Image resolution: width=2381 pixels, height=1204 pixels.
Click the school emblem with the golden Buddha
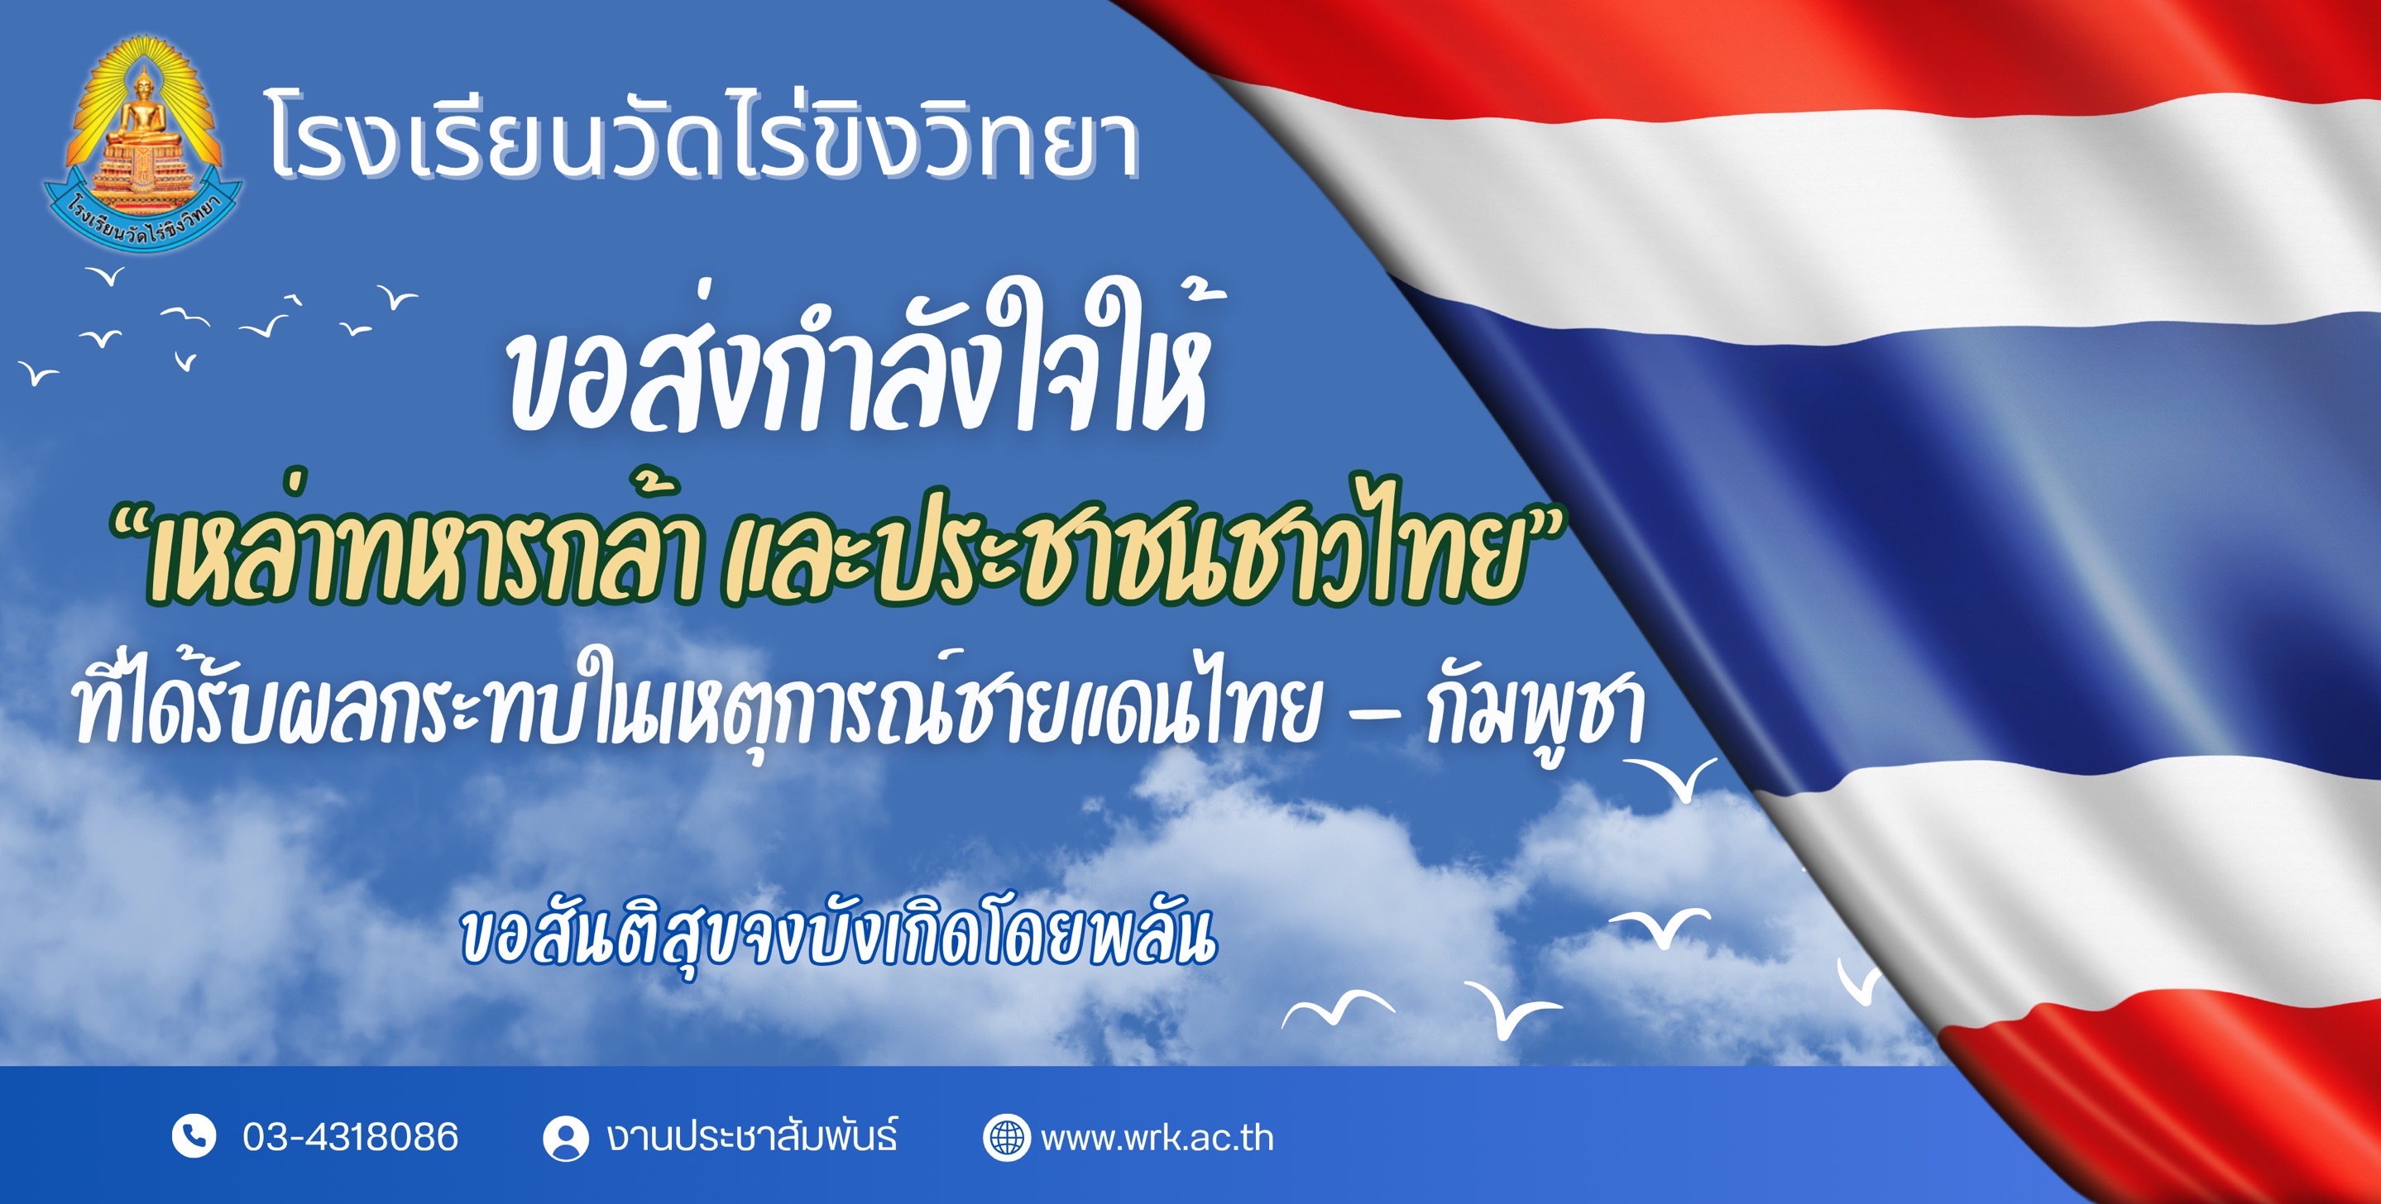(x=143, y=144)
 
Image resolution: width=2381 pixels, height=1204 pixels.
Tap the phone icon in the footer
(x=194, y=1136)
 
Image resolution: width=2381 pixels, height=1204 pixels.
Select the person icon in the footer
(x=566, y=1138)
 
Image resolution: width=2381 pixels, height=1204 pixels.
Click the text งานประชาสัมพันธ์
(x=751, y=1136)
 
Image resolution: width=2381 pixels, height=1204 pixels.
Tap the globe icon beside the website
(x=1006, y=1138)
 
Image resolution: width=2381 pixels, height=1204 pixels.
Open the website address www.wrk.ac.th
(x=1157, y=1139)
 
